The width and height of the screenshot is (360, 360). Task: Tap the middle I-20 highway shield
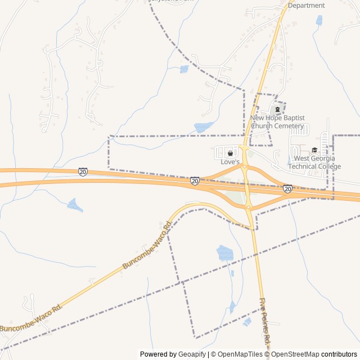pos(195,181)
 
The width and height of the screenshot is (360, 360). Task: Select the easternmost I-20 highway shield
pos(287,189)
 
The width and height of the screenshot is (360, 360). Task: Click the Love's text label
pos(229,162)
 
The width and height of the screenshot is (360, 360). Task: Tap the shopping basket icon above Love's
pos(229,153)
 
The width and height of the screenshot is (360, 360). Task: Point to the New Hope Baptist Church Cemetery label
pos(277,121)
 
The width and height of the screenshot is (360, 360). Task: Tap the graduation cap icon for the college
pos(314,150)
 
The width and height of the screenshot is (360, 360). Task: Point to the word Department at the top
pos(306,6)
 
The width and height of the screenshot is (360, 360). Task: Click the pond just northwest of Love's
pos(204,127)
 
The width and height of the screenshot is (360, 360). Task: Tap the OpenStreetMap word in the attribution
pos(294,354)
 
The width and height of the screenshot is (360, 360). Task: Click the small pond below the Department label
pos(319,21)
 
